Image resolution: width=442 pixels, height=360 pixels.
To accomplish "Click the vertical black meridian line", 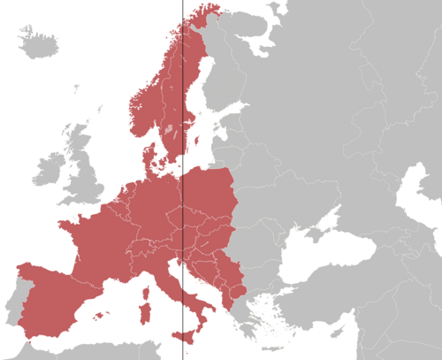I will [x=183, y=133].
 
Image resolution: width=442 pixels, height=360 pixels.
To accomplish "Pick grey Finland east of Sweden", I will [x=230, y=80].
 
